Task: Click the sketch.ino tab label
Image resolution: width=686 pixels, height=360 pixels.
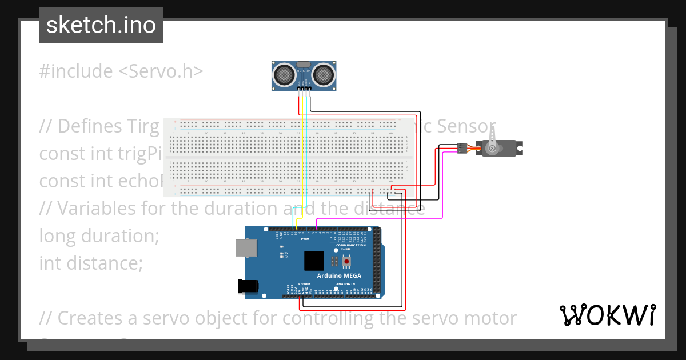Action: tap(101, 25)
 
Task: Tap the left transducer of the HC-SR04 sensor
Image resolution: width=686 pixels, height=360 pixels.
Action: tap(284, 74)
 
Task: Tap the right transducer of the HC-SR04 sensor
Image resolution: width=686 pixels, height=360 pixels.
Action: tap(322, 74)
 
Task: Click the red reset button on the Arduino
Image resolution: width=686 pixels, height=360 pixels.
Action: tap(346, 262)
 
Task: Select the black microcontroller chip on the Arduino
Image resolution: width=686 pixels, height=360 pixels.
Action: tap(314, 261)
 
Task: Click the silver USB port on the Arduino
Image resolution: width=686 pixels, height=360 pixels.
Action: tap(245, 248)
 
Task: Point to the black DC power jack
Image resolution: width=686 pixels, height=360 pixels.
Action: tap(248, 286)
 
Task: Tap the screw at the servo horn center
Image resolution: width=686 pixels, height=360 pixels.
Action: tap(491, 148)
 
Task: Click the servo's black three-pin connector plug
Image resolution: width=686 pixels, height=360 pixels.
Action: tap(461, 149)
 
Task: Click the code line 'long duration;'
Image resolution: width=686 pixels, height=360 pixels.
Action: tap(99, 235)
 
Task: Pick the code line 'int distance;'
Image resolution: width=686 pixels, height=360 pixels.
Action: tap(90, 263)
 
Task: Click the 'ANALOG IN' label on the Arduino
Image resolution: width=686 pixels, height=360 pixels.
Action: tap(345, 284)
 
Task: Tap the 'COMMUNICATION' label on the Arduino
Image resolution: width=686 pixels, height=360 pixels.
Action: tap(350, 245)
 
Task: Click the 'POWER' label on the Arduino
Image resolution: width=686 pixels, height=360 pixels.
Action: tap(304, 284)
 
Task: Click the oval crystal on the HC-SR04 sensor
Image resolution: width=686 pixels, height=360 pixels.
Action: tap(304, 64)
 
